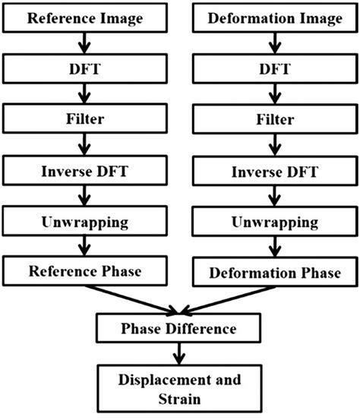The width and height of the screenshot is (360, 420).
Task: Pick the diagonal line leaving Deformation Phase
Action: coord(228,297)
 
